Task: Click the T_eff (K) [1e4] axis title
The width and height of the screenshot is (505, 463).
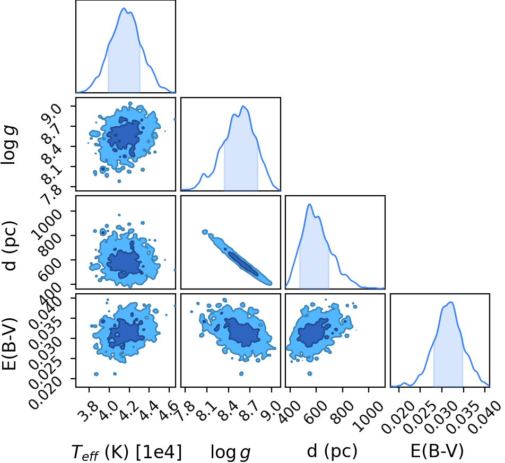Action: (x=127, y=451)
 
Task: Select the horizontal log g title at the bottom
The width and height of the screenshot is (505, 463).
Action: (x=230, y=452)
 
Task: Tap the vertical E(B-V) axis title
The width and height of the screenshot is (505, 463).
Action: (x=9, y=344)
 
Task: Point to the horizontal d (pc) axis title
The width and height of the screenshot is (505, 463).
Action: (x=332, y=451)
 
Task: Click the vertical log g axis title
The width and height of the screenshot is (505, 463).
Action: (x=9, y=145)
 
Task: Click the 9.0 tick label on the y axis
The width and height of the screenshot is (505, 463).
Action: (x=51, y=115)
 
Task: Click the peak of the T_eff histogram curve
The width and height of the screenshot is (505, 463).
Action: (x=124, y=8)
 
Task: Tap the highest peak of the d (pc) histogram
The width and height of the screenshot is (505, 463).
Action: (x=309, y=204)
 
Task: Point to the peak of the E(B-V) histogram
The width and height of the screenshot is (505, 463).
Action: (x=451, y=302)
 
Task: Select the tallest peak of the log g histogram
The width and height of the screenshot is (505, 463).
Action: (x=243, y=107)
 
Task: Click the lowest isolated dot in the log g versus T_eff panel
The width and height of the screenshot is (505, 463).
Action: (x=119, y=181)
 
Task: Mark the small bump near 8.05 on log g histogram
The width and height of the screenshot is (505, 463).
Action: (x=204, y=174)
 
